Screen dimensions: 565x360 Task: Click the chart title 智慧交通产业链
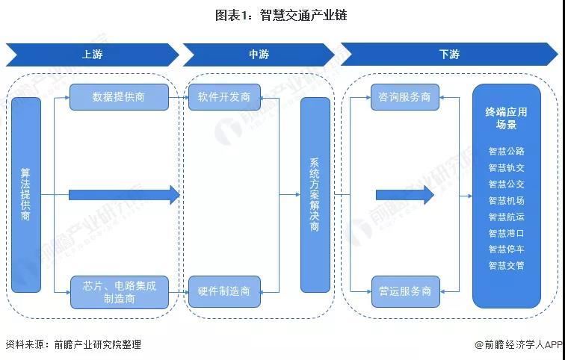(281, 15)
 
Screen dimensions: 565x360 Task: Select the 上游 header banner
(92, 55)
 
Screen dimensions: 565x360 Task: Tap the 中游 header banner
(259, 55)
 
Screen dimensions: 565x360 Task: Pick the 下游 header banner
(449, 55)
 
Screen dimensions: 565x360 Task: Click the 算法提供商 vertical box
(26, 195)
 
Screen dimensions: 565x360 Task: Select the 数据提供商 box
(119, 97)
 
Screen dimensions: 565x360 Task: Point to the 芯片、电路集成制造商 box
(120, 292)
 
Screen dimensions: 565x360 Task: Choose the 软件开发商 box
(224, 97)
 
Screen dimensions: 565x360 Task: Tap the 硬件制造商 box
(224, 291)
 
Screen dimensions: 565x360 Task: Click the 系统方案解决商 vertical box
(315, 195)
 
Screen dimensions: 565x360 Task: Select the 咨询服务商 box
(405, 97)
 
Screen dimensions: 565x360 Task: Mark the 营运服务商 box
(405, 291)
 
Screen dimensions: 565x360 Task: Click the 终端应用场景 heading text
(506, 118)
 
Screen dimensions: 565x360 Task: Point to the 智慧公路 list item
(506, 151)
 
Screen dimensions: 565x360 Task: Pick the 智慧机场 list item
(506, 200)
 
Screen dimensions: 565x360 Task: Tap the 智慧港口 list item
(506, 233)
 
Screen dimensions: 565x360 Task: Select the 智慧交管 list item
(506, 266)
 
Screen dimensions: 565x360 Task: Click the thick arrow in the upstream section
(124, 195)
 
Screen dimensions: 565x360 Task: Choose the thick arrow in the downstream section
(405, 195)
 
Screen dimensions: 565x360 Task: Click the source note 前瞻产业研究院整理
(98, 344)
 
